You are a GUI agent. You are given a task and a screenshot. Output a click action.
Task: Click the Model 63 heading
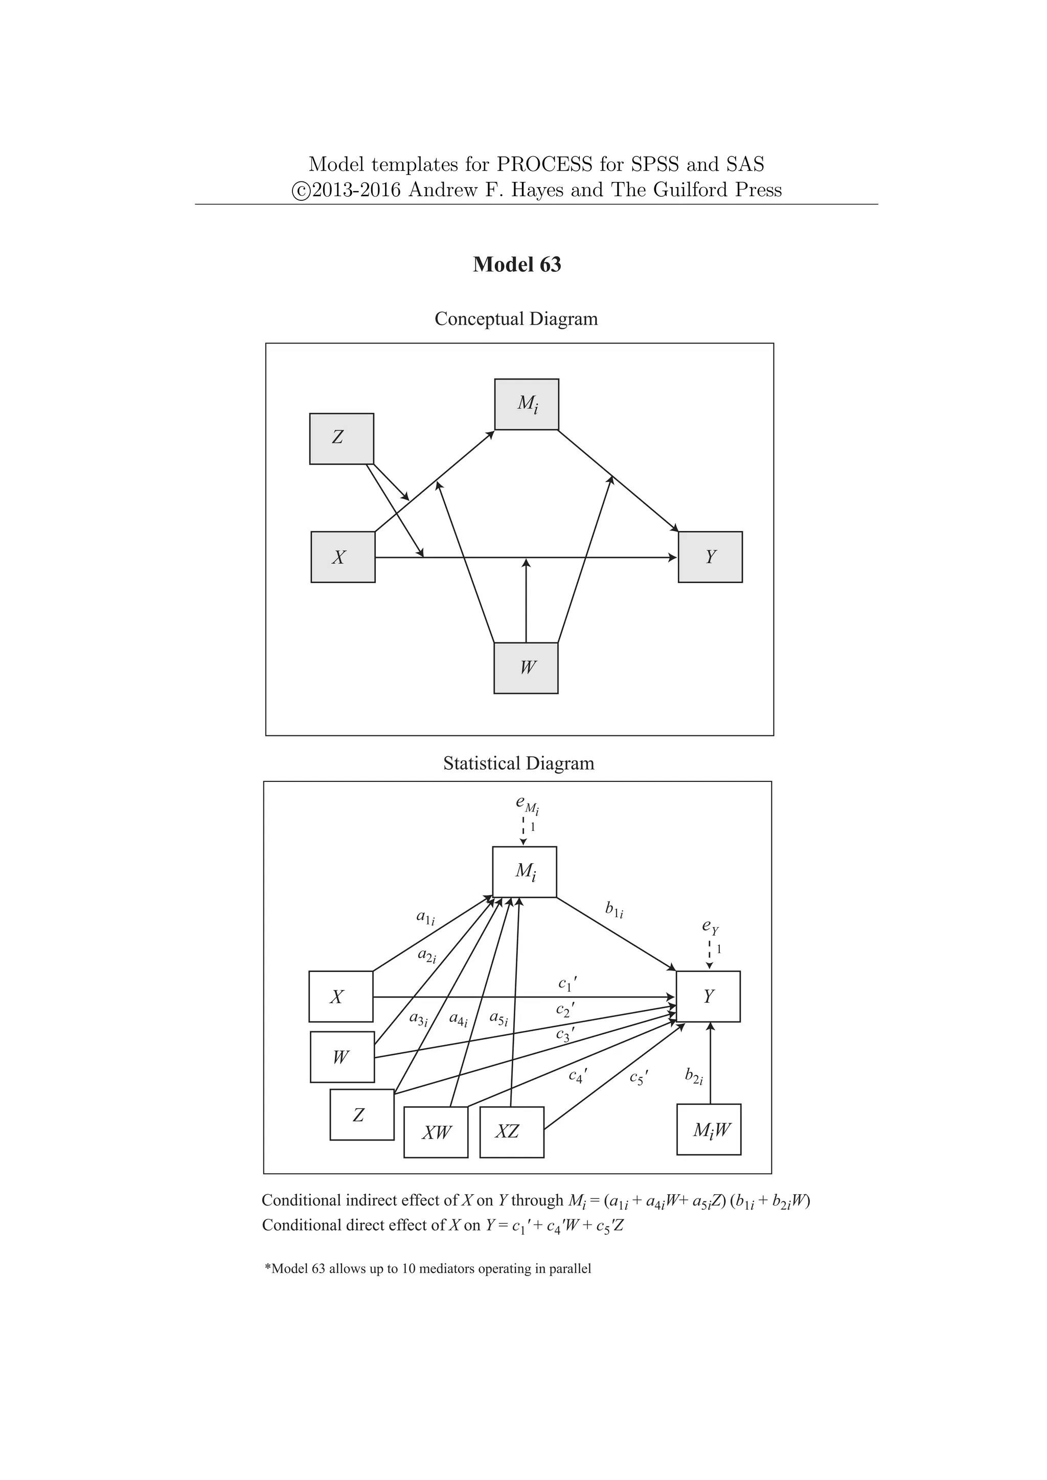(516, 264)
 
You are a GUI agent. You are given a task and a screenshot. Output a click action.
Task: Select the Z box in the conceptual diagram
(342, 439)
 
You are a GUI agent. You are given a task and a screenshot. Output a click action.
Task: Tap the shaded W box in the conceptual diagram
(526, 668)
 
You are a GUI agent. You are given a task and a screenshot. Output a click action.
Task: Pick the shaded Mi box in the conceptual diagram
(527, 404)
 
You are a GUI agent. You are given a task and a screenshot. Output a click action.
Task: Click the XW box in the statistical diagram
(436, 1132)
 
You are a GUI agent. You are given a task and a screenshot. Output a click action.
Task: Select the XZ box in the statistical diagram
(512, 1132)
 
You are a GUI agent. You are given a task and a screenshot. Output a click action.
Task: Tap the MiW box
(709, 1129)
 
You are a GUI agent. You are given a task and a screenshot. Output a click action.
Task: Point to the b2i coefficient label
(694, 1075)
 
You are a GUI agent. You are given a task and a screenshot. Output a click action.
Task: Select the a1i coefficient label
(425, 917)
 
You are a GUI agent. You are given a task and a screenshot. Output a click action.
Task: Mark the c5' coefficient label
(638, 1077)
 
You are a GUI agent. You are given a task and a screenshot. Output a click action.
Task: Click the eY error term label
(710, 928)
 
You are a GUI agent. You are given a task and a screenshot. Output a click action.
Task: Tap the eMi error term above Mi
(527, 804)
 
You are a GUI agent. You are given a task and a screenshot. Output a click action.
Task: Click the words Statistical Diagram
(518, 764)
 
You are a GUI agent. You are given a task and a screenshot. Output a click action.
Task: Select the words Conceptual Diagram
(516, 319)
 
